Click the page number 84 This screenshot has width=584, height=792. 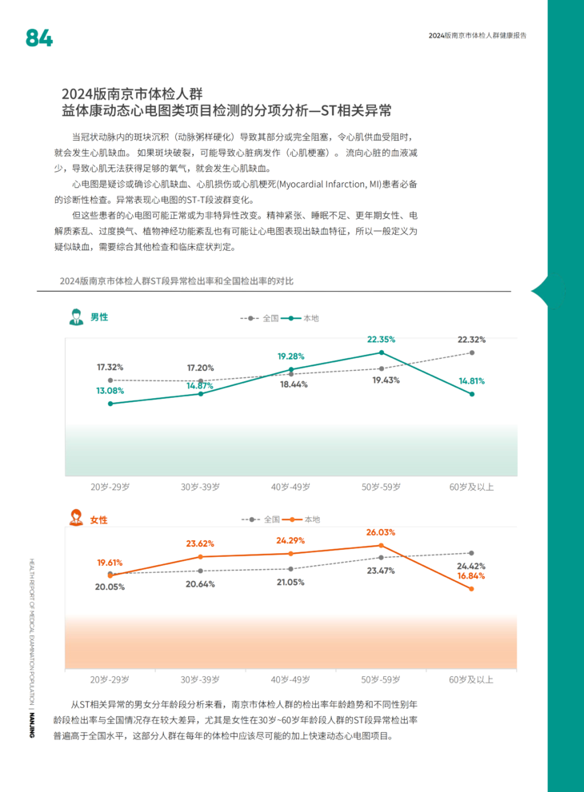coord(39,38)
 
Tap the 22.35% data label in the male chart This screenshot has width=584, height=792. coord(382,339)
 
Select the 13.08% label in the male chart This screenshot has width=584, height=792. coord(110,391)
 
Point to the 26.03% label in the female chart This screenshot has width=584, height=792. coord(382,532)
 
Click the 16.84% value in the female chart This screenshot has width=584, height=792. coord(472,575)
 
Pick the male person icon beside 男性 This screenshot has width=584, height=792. coord(77,317)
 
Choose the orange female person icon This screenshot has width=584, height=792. coord(77,519)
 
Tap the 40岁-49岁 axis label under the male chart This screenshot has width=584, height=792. coord(290,487)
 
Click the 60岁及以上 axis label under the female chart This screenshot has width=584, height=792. coord(472,680)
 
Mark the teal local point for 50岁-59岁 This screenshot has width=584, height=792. coord(382,352)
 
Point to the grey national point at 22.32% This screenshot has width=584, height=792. coord(472,352)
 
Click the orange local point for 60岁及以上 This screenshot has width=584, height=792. coord(472,589)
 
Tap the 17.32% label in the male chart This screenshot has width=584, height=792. coord(110,367)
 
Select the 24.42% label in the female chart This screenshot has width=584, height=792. coord(472,565)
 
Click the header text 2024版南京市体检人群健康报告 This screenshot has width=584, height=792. coord(477,36)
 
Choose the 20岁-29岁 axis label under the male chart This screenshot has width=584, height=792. coord(110,487)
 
